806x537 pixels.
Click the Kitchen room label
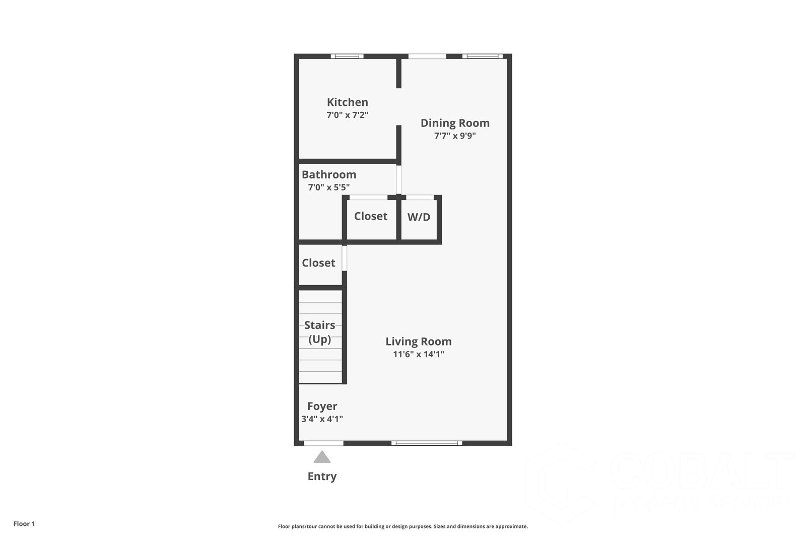(347, 102)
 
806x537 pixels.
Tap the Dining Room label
(455, 123)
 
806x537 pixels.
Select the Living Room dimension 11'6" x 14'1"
(418, 354)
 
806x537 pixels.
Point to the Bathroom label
(328, 175)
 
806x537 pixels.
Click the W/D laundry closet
(419, 217)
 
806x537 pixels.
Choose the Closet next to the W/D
(370, 216)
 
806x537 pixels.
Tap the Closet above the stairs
(318, 263)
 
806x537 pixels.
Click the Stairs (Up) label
(319, 332)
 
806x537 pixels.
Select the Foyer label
(322, 406)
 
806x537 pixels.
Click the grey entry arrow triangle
(322, 457)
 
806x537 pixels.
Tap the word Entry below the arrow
(322, 477)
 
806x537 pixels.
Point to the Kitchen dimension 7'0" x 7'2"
(347, 115)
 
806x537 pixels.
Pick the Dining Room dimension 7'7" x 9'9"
(455, 136)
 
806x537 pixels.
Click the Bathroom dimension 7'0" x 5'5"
(328, 187)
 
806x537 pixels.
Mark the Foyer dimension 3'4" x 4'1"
(322, 419)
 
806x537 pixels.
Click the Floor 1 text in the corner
(24, 524)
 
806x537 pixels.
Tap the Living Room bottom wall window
(427, 443)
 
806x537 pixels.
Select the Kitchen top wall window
(347, 56)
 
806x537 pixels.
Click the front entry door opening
(323, 443)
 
